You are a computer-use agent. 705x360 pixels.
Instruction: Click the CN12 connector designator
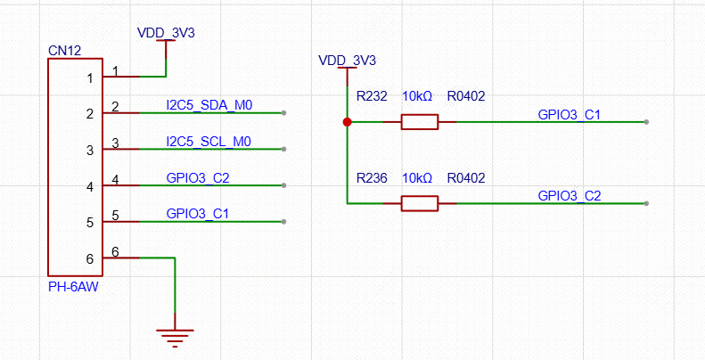[x=65, y=51]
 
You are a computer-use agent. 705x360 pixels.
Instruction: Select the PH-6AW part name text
[x=73, y=287]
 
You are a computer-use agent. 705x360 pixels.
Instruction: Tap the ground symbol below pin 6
[x=175, y=336]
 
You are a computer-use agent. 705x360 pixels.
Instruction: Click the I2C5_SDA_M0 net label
[x=209, y=105]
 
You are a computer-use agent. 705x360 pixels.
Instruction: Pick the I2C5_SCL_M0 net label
[x=209, y=142]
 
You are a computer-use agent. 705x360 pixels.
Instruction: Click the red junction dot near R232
[x=347, y=122]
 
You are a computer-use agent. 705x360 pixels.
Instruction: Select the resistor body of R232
[x=419, y=122]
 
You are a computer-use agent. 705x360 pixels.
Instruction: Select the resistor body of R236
[x=419, y=204]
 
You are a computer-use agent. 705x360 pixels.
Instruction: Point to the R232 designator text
[x=372, y=96]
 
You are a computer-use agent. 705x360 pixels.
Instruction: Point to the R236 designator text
[x=372, y=178]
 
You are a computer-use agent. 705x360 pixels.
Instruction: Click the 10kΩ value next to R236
[x=417, y=178]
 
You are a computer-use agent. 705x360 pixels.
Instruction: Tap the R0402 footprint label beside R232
[x=466, y=96]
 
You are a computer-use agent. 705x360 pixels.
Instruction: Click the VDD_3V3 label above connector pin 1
[x=166, y=33]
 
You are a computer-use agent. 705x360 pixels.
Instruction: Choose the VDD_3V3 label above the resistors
[x=347, y=61]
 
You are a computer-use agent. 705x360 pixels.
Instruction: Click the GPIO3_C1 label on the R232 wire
[x=570, y=114]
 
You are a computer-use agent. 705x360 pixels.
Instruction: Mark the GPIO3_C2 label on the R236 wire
[x=570, y=196]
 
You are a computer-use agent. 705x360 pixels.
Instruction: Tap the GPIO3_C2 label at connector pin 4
[x=198, y=178]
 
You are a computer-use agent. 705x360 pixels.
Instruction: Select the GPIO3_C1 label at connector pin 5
[x=198, y=214]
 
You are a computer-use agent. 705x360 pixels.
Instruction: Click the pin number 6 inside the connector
[x=89, y=259]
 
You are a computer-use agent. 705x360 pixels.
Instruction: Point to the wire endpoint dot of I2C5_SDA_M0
[x=283, y=113]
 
